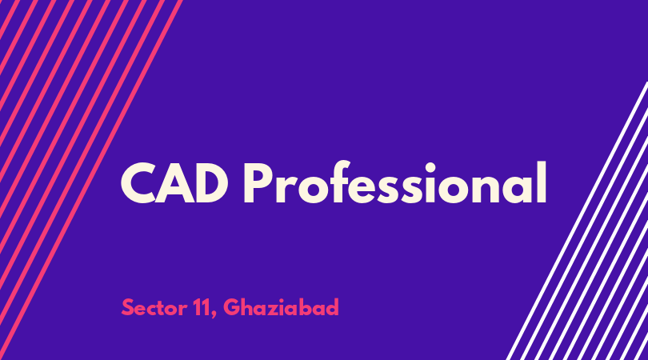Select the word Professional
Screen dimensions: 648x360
point(395,182)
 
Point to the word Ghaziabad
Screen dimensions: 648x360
point(281,307)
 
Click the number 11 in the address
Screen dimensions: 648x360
point(202,307)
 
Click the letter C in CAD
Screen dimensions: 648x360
point(138,183)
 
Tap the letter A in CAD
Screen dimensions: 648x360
point(174,183)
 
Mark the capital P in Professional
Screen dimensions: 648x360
point(258,183)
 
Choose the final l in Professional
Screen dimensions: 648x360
point(542,182)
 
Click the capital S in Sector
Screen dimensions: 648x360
point(128,307)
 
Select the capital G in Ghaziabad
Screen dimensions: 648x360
point(233,307)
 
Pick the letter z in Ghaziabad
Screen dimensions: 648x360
point(278,310)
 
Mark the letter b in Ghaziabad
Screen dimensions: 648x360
point(310,307)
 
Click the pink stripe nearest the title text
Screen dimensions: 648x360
point(91,180)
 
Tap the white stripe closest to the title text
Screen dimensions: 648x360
point(577,221)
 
